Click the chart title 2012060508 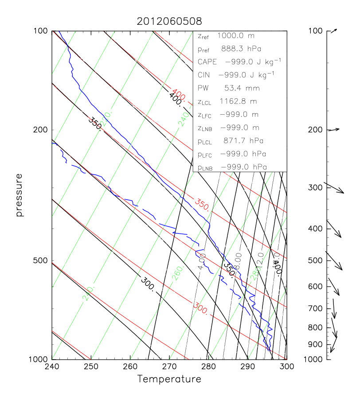169,21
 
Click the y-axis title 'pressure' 19,195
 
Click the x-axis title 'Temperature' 169,379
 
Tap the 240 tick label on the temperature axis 52,367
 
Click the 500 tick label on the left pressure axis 40,261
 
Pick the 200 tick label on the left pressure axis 40,130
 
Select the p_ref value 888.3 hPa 244,49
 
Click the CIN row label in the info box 203,75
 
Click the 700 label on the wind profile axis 316,308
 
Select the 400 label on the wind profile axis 316,229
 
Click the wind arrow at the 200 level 333,129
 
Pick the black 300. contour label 147,283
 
